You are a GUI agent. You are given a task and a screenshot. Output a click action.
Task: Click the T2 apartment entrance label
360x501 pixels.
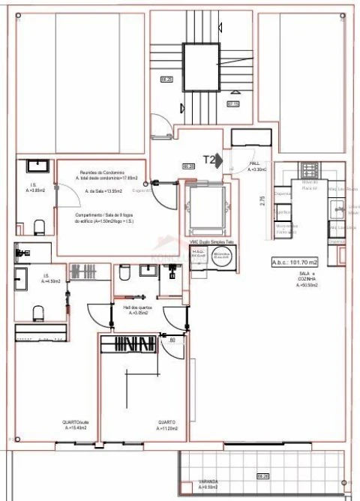click(x=210, y=160)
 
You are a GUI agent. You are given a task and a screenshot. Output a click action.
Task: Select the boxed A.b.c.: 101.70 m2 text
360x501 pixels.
click(x=295, y=262)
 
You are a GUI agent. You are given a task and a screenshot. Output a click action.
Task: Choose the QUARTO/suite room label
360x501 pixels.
click(x=75, y=424)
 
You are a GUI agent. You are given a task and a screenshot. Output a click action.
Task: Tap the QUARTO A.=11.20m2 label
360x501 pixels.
click(x=166, y=424)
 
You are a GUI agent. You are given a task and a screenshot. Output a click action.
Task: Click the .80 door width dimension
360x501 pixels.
click(x=172, y=341)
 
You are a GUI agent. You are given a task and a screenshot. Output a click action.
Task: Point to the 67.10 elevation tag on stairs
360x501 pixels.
click(x=232, y=103)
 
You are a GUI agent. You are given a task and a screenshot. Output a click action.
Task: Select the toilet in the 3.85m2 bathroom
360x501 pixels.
click(x=40, y=226)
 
